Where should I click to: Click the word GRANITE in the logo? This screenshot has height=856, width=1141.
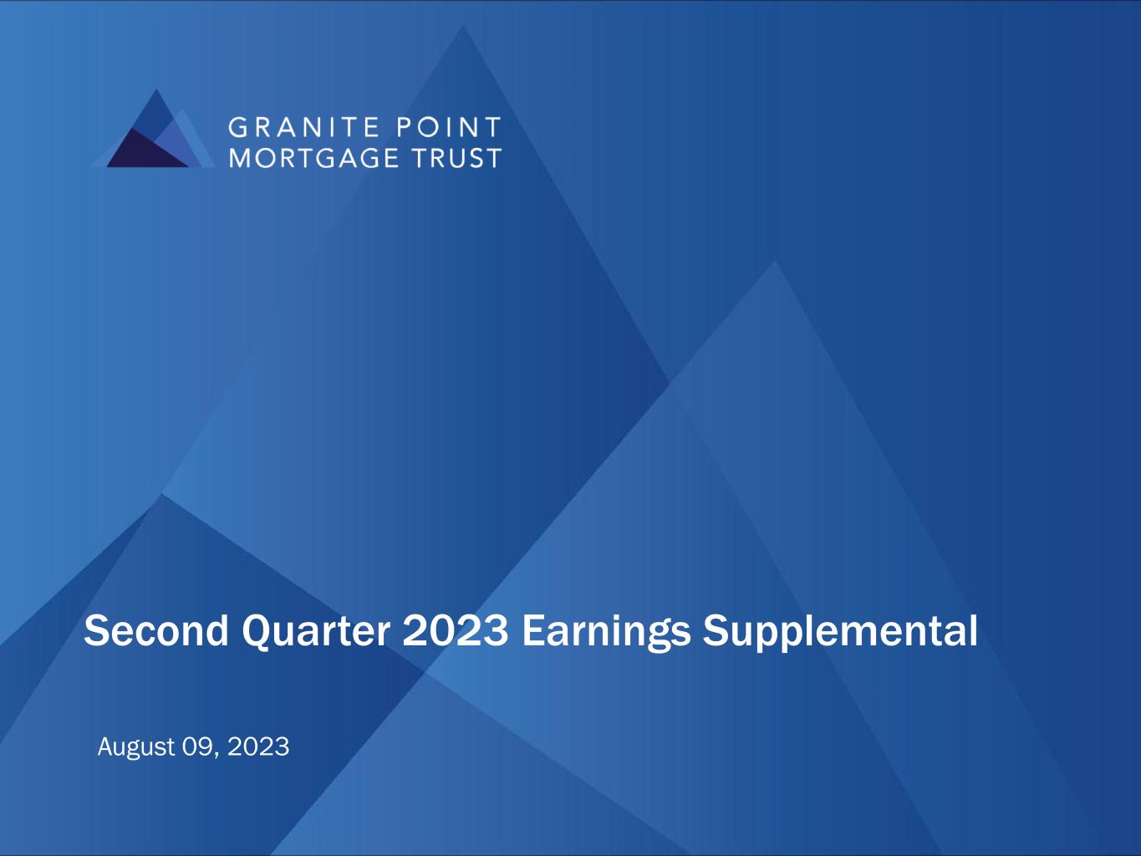click(x=304, y=127)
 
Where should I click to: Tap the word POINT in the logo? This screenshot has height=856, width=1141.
click(x=449, y=127)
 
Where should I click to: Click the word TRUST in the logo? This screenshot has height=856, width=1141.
click(x=457, y=157)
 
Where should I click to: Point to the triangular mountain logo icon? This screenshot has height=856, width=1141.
click(x=154, y=129)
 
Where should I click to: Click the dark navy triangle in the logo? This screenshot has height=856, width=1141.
click(x=145, y=150)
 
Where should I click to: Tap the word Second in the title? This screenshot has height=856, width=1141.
click(x=156, y=631)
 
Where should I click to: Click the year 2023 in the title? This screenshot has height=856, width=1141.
click(x=456, y=631)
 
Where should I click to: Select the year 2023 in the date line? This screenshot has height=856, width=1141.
click(x=258, y=747)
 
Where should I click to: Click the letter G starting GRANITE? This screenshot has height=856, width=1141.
click(x=237, y=127)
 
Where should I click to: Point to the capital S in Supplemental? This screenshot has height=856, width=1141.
click(x=716, y=631)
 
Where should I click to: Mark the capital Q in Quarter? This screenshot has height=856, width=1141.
click(x=257, y=633)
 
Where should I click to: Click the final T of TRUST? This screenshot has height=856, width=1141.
click(x=493, y=157)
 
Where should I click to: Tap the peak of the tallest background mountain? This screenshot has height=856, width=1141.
click(x=462, y=26)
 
